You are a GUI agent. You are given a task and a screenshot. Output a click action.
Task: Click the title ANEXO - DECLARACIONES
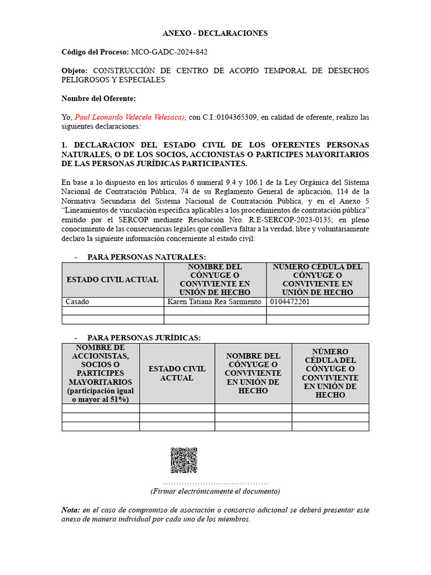pos(215,33)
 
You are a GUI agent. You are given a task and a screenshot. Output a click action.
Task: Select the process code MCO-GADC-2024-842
pos(169,52)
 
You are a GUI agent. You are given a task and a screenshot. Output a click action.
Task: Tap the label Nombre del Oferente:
pos(99,99)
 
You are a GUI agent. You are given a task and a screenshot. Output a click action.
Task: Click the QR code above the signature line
pos(184,460)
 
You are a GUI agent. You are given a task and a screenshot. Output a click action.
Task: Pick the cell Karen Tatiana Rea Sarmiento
pos(214,302)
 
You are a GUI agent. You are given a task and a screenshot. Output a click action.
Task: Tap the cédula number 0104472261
pos(290,302)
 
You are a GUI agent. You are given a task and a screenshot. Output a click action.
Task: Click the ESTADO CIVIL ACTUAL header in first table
pos(112,280)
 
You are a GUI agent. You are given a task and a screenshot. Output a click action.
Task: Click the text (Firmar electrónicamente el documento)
pos(215,491)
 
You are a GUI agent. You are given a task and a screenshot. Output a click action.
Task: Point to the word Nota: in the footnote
pos(71,510)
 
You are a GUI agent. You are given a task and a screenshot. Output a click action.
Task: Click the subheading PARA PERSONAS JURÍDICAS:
pos(144,337)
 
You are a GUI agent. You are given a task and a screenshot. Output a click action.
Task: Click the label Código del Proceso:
pos(95,52)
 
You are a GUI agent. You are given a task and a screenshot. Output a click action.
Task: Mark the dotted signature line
pos(215,483)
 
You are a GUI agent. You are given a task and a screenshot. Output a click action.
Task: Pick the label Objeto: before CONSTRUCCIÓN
pos(75,71)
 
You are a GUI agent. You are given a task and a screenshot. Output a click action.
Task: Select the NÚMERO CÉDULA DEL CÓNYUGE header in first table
pos(318,280)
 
